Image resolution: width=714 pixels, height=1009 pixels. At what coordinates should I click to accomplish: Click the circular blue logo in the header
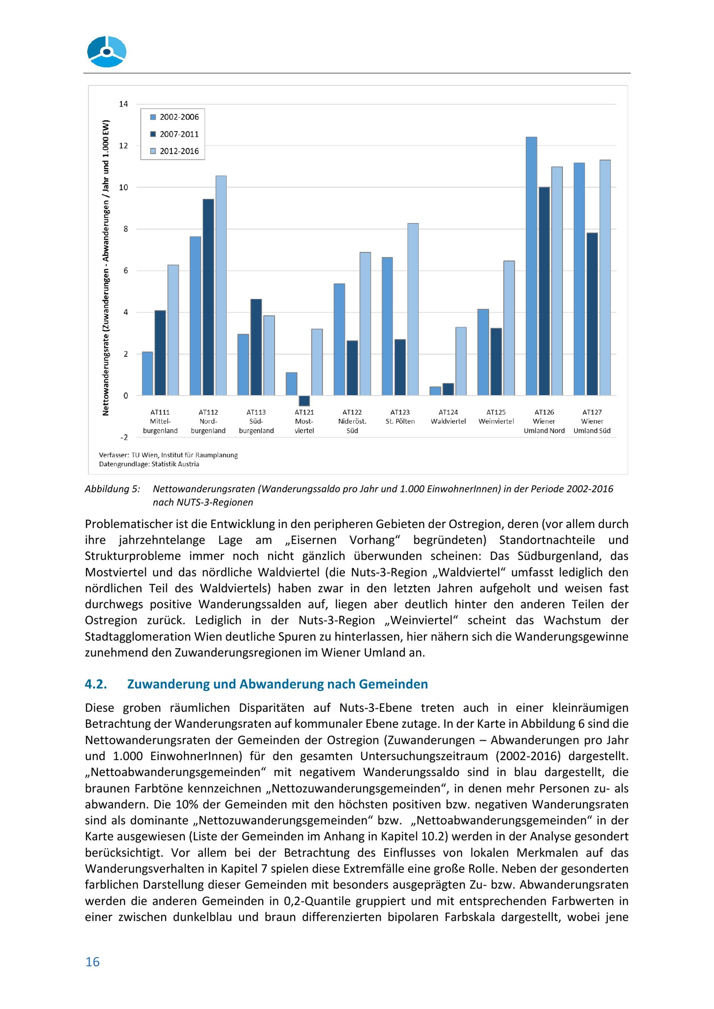pos(107,52)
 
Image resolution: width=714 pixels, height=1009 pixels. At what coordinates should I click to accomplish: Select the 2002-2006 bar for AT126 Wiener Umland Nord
pos(531,266)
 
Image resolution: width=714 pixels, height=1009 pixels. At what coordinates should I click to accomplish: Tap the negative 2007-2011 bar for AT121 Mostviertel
pos(304,400)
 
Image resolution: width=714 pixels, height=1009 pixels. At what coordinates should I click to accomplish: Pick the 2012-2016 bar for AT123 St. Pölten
pos(413,309)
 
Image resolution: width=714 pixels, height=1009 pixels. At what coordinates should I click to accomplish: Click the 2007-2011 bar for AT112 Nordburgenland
pos(208,297)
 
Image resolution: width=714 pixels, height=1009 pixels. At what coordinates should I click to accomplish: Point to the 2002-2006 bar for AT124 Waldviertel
pos(435,391)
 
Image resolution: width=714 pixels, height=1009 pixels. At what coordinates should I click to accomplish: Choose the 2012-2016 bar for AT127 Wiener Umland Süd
pos(605,278)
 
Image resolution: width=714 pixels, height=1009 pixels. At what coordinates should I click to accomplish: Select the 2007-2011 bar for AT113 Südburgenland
pos(256,347)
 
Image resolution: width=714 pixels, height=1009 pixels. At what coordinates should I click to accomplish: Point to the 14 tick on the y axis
pos(123,104)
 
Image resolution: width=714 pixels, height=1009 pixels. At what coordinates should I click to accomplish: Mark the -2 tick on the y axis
pos(124,437)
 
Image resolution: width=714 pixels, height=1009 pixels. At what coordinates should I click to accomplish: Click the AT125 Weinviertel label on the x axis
pos(496,417)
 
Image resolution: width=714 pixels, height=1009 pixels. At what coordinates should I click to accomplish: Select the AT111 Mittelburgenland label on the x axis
pos(160,421)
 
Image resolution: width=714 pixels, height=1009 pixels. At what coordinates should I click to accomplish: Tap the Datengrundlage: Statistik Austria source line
pos(149,464)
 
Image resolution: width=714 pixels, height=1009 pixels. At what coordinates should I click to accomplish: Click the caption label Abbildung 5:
pos(112,489)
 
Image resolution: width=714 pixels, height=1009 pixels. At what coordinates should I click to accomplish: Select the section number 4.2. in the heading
pos(96,684)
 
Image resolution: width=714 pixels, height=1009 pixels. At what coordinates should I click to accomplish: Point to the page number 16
pos(92,962)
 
